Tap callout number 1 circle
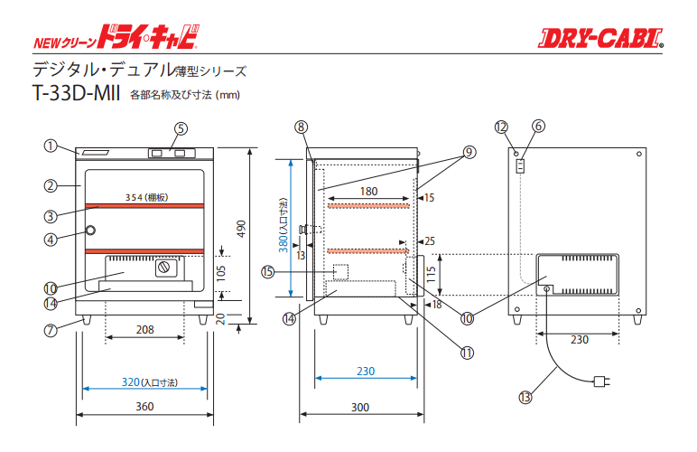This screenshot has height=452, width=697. pyautogui.click(x=51, y=146)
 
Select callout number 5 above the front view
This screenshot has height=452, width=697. pyautogui.click(x=181, y=128)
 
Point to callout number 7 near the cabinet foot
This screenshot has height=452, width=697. pyautogui.click(x=51, y=330)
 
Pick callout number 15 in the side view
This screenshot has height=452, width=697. pyautogui.click(x=267, y=270)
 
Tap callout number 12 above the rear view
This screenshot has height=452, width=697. pyautogui.click(x=501, y=127)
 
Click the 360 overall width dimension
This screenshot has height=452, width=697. pyautogui.click(x=144, y=407)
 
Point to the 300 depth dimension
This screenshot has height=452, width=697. pyautogui.click(x=359, y=408)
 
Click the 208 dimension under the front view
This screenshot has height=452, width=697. pyautogui.click(x=144, y=330)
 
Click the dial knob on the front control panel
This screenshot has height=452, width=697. pyautogui.click(x=165, y=268)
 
